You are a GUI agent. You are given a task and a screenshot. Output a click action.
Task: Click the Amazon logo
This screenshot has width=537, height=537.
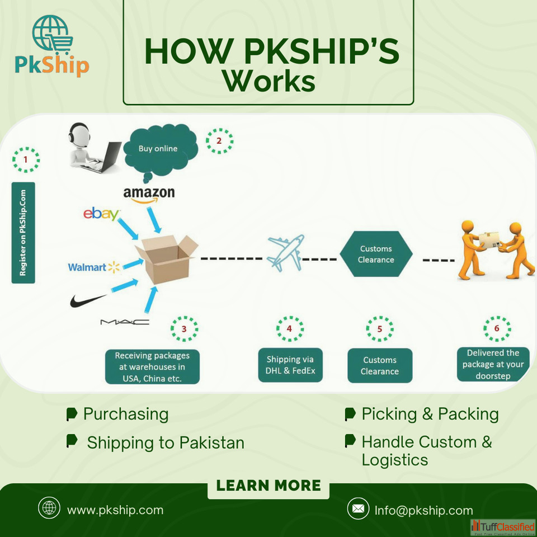coord(149,194)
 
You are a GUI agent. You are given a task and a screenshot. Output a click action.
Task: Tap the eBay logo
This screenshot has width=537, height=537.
coord(101,214)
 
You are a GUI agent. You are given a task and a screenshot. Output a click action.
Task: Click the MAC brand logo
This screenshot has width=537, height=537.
coord(125,322)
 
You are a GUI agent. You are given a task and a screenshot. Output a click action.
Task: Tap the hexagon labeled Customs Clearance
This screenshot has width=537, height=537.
coord(376,255)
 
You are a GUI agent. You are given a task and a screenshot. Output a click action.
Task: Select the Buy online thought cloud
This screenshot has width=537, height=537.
coord(159,149)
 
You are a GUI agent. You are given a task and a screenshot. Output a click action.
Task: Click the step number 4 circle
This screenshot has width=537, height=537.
coord(289,329)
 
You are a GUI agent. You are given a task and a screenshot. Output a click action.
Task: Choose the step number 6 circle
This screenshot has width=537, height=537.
coord(497,329)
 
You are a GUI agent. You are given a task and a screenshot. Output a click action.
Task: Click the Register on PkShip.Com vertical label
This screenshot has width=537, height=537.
coord(23,232)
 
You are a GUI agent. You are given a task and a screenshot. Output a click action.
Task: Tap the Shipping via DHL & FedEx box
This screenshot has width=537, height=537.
coord(290,365)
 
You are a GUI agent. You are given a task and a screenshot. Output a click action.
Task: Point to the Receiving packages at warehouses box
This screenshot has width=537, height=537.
coord(152,366)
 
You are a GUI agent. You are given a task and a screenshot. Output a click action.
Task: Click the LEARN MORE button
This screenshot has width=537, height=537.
coord(268,485)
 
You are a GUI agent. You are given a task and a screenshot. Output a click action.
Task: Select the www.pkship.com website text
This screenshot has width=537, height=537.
coord(115,510)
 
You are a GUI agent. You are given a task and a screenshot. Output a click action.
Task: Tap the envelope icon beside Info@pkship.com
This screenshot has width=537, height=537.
coord(357,509)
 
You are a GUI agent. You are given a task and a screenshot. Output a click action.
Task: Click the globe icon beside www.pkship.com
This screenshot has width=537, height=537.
coord(49,508)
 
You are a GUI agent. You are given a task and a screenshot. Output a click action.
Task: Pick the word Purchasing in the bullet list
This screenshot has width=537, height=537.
coord(125,414)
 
